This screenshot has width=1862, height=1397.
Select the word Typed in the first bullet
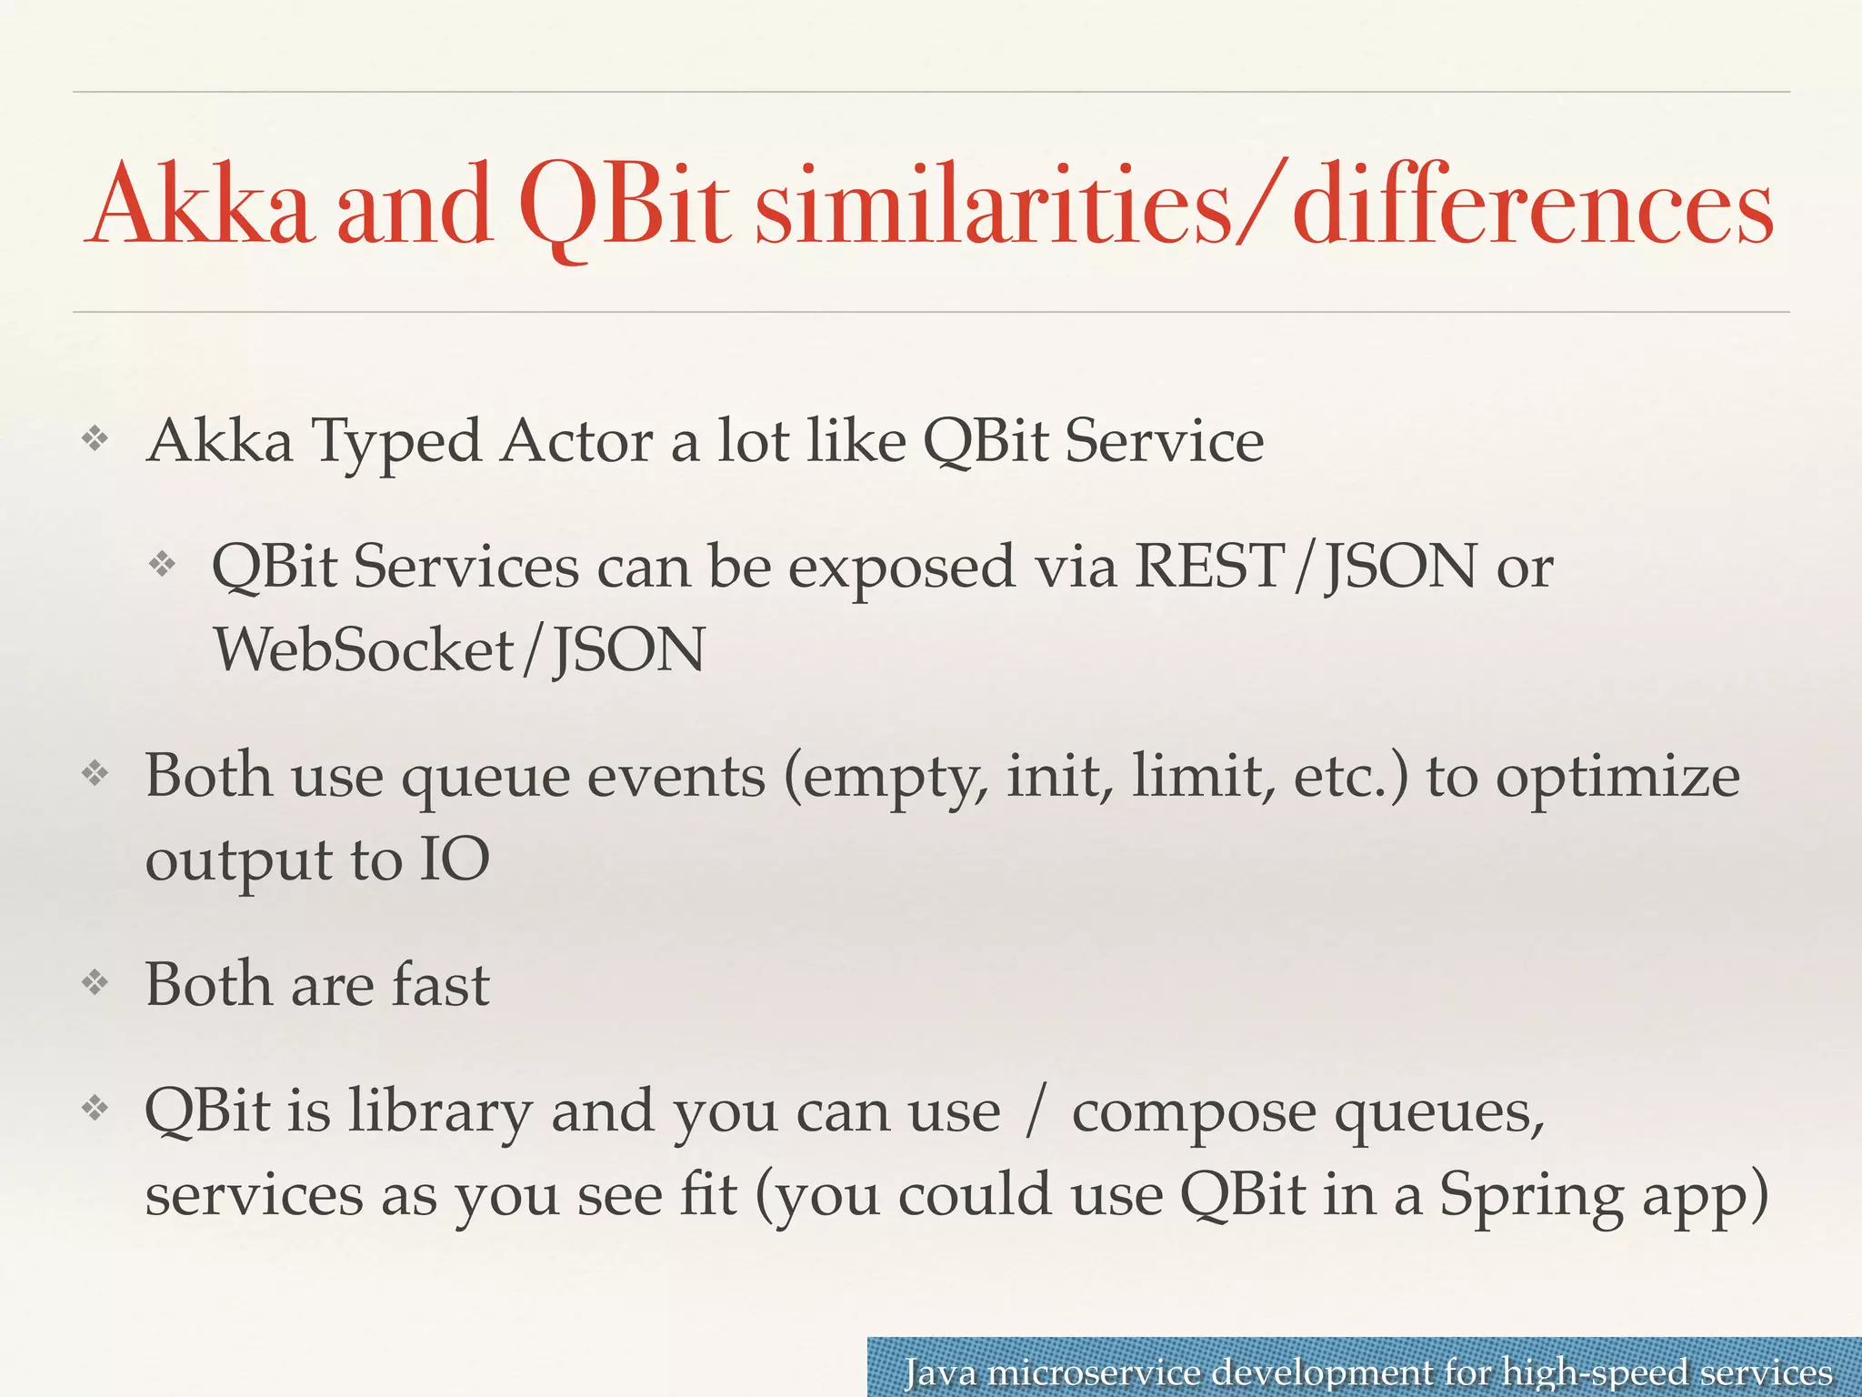397,443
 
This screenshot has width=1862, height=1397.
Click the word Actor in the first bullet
576,441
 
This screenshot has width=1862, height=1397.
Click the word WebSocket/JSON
459,650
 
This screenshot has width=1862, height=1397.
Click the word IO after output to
454,859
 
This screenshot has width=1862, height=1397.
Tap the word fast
440,985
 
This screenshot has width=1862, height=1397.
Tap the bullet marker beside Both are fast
95,982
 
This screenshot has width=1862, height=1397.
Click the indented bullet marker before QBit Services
162,565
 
